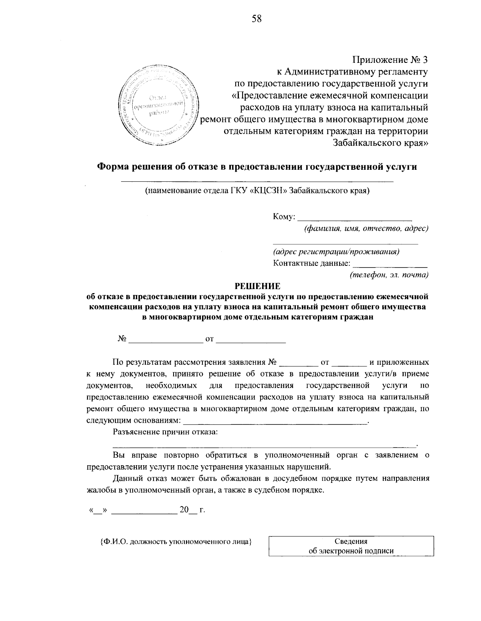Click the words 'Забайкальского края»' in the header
pyautogui.click(x=380, y=143)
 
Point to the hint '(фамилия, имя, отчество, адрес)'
pyautogui.click(x=366, y=229)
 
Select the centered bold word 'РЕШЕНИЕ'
pyautogui.click(x=257, y=286)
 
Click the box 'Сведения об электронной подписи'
pyautogui.click(x=351, y=546)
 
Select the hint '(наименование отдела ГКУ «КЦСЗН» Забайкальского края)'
pyautogui.click(x=257, y=191)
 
